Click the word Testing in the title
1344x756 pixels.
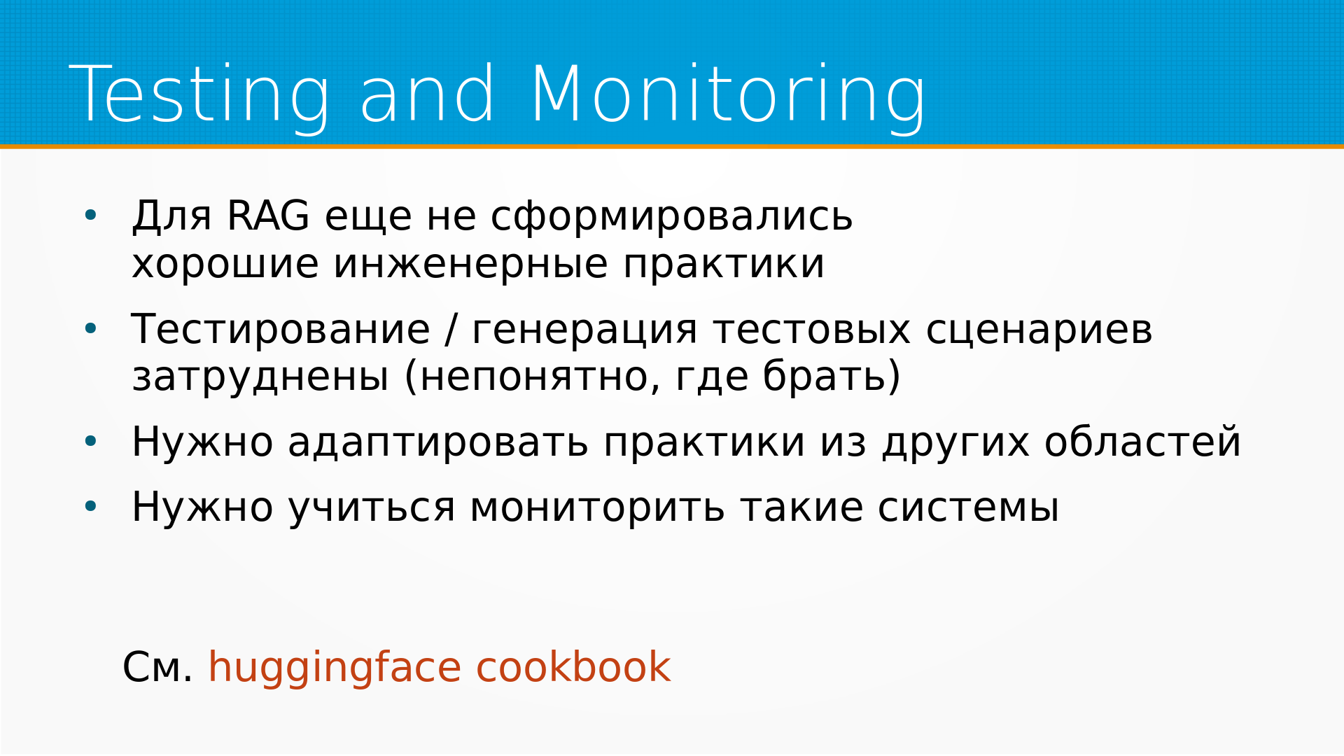pos(199,95)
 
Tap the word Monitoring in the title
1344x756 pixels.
pos(728,95)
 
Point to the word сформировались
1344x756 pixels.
pos(671,216)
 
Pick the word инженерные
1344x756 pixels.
pos(471,265)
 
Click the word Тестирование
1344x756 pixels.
pos(281,329)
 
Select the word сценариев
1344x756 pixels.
pos(1039,330)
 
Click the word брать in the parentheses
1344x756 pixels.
pos(825,376)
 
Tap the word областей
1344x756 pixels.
pos(1142,442)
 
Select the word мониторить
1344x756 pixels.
pos(597,508)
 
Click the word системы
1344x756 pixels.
pos(969,507)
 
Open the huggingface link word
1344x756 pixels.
pos(335,668)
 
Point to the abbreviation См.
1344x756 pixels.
pos(157,666)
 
